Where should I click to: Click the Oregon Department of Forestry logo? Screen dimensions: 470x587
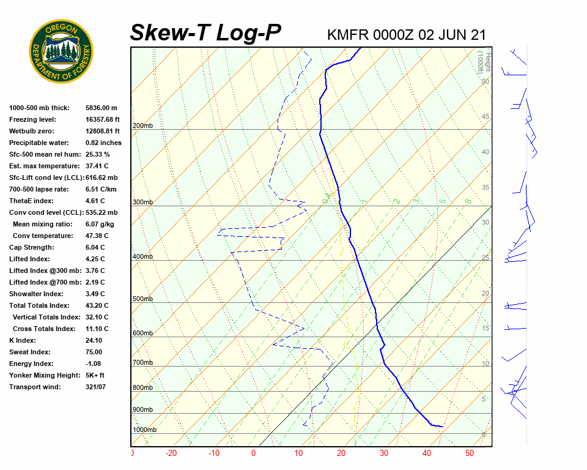[x=61, y=51]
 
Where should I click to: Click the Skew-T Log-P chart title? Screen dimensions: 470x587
[x=205, y=33]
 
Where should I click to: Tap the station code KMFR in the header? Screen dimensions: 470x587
[x=346, y=35]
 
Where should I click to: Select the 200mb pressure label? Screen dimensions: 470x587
[x=142, y=126]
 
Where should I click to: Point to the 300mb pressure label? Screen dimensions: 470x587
[x=142, y=202]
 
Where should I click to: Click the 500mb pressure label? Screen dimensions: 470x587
[x=142, y=299]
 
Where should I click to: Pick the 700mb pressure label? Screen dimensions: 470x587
[x=142, y=363]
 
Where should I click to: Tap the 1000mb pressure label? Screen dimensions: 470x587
[x=144, y=430]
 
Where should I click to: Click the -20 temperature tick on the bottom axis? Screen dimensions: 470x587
[x=171, y=453]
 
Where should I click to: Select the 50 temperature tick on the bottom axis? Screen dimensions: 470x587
[x=470, y=453]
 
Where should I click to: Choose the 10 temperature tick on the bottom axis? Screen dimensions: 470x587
[x=298, y=453]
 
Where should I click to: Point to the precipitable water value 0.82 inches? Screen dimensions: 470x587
[x=103, y=143]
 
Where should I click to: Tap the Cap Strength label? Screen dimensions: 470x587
[x=32, y=247]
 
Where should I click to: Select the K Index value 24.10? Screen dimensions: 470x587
[x=94, y=340]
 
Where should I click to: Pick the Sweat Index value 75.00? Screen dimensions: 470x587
[x=94, y=352]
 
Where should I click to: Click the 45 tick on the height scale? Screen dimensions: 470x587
[x=485, y=117]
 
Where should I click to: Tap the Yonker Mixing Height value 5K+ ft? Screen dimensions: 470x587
[x=95, y=375]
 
